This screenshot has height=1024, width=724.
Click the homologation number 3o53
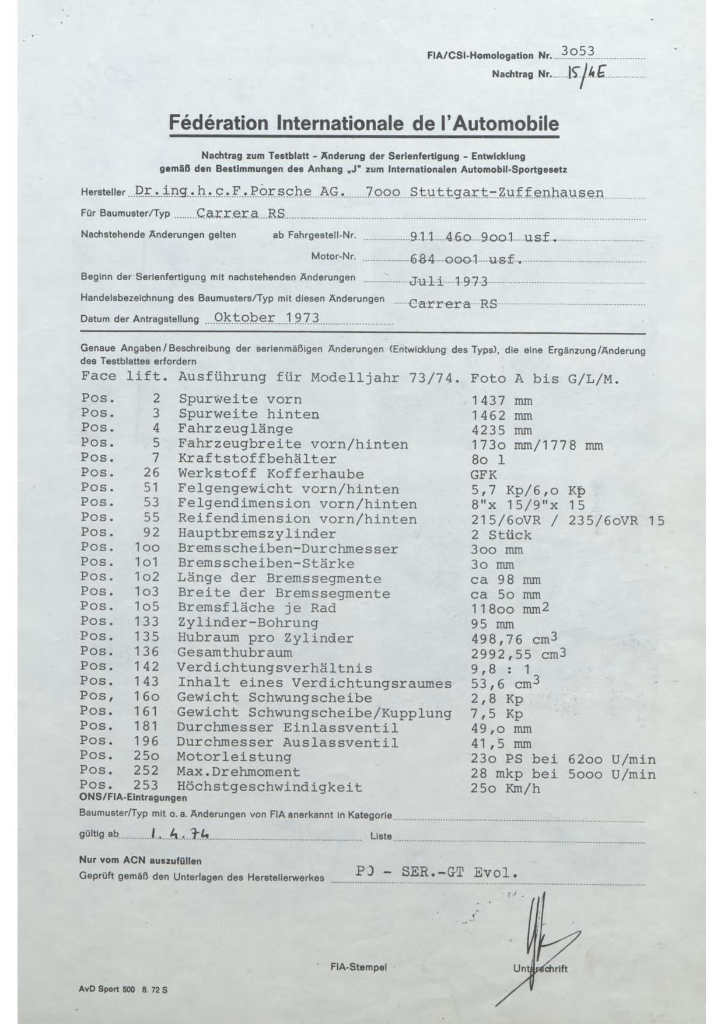click(577, 51)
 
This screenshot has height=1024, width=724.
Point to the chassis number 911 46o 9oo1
click(461, 238)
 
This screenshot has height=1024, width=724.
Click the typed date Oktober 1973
click(267, 318)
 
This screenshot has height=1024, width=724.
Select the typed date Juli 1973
click(449, 281)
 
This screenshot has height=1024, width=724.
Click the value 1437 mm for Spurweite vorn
click(502, 400)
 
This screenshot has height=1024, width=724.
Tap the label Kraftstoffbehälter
click(257, 459)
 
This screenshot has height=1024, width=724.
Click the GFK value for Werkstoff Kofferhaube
click(484, 475)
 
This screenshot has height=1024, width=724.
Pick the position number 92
click(151, 533)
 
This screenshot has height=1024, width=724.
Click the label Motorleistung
click(234, 757)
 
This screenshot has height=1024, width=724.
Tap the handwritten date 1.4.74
click(180, 835)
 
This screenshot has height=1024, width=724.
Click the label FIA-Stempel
click(358, 967)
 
